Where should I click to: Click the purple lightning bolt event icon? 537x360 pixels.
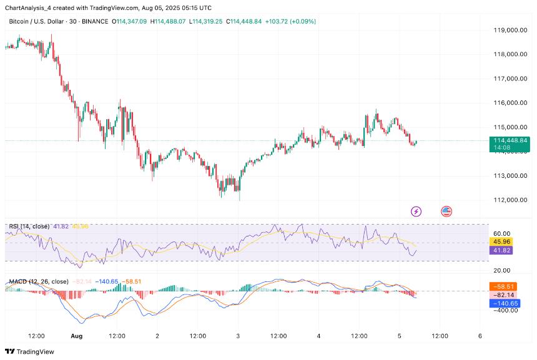416,212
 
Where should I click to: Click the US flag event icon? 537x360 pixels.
446,212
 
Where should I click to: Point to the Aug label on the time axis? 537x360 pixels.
77,336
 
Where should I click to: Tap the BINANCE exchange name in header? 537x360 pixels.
95,21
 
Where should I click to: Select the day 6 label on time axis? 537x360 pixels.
480,336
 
